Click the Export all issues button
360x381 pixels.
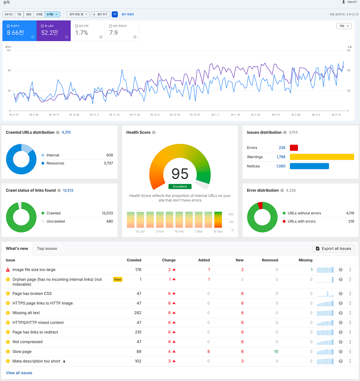pyautogui.click(x=333, y=249)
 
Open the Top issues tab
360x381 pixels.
pyautogui.click(x=47, y=249)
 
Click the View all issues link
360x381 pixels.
pyautogui.click(x=19, y=373)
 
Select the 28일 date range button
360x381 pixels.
pyautogui.click(x=29, y=14)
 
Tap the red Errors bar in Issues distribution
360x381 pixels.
pyautogui.click(x=294, y=148)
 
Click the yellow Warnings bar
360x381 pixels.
pyautogui.click(x=322, y=157)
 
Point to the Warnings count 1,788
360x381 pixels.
pyautogui.click(x=281, y=157)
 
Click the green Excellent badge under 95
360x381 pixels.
pyautogui.click(x=180, y=186)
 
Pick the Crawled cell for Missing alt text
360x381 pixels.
pyautogui.click(x=138, y=313)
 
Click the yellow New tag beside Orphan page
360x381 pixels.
pyautogui.click(x=118, y=279)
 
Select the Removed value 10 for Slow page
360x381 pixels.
pyautogui.click(x=276, y=352)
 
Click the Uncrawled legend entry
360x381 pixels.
pyautogui.click(x=55, y=221)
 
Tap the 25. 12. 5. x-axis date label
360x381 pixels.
pyautogui.click(x=155, y=115)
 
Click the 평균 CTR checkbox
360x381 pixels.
pyautogui.click(x=77, y=26)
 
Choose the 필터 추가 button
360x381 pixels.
pyautogui.click(x=100, y=14)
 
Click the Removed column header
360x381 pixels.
pyautogui.click(x=270, y=260)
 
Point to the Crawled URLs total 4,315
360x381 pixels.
pyautogui.click(x=66, y=132)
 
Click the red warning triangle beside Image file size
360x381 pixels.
pyautogui.click(x=8, y=270)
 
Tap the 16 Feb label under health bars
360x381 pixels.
pyautogui.click(x=179, y=231)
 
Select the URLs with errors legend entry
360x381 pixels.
pyautogui.click(x=301, y=221)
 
